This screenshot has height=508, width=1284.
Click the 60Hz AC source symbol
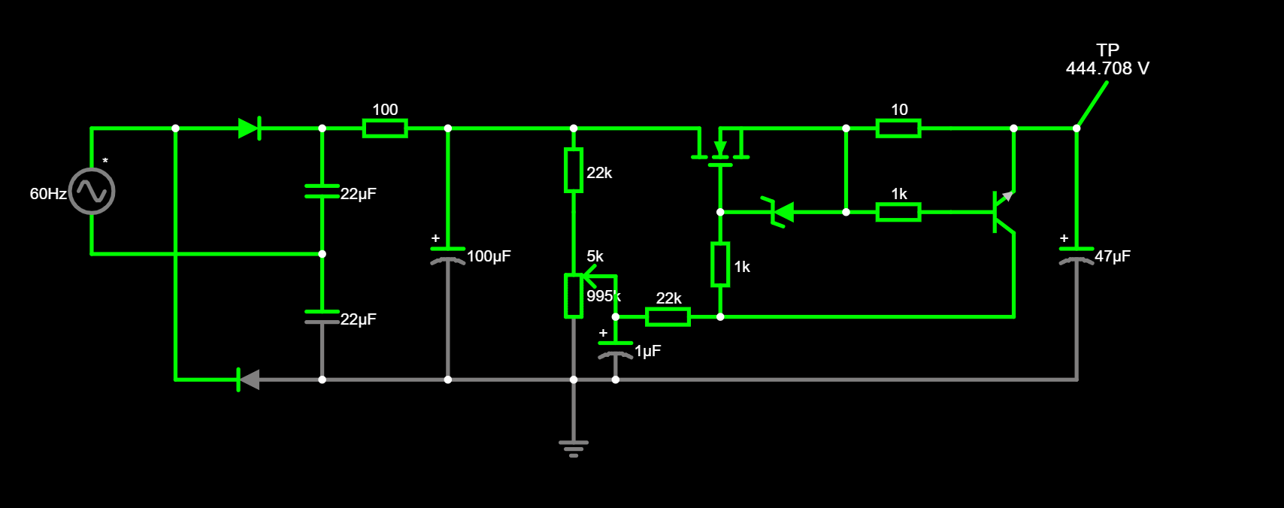[92, 192]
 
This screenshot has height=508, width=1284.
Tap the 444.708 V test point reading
[1107, 68]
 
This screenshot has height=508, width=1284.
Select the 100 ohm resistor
[385, 129]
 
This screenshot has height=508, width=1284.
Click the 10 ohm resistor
[898, 129]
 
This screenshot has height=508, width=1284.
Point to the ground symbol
[574, 447]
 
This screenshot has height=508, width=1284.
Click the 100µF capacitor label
[489, 256]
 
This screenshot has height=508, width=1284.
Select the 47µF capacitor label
[1112, 256]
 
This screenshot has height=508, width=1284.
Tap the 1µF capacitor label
[647, 351]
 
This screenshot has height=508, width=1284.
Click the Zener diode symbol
[782, 213]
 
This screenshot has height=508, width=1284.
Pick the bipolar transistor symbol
[1003, 212]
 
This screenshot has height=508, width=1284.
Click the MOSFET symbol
[720, 148]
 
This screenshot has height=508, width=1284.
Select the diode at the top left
[249, 129]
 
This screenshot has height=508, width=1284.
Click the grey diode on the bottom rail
[249, 379]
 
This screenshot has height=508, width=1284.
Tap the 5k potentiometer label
[595, 256]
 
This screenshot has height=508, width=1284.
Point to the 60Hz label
[48, 194]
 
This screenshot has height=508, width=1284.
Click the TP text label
[1107, 50]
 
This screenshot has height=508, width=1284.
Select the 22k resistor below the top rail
[574, 171]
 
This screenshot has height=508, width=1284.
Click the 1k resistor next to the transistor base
[898, 213]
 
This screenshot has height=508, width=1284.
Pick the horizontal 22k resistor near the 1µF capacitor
[668, 317]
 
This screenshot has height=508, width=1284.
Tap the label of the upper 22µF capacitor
[358, 194]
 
